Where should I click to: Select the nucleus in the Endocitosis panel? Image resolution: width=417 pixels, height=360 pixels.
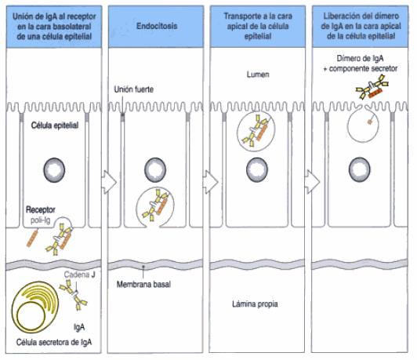pyautogui.click(x=156, y=169)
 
